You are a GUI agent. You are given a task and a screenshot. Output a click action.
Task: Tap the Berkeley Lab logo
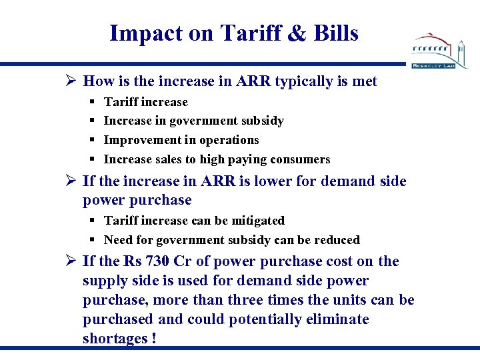(x=440, y=50)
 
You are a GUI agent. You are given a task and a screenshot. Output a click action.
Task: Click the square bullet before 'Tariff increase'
(x=91, y=102)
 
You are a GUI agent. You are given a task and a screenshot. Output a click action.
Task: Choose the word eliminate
(x=336, y=319)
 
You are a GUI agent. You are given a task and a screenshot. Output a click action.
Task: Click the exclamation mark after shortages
(x=154, y=339)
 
